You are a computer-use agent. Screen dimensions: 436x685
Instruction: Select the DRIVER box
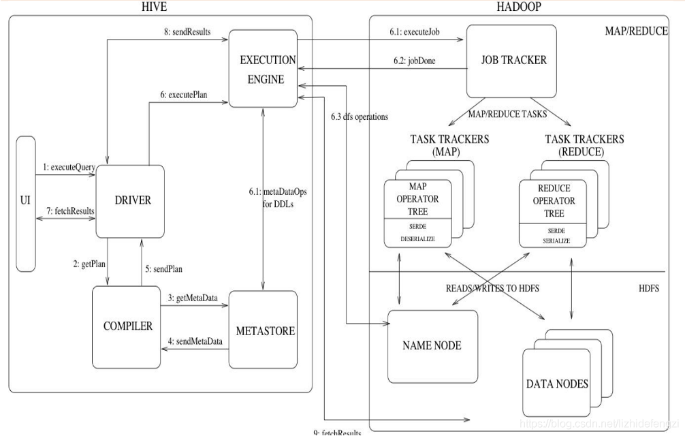click(x=129, y=200)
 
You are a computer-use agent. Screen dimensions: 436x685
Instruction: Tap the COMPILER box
click(x=128, y=326)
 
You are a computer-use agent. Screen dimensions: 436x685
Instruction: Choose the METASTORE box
click(x=266, y=331)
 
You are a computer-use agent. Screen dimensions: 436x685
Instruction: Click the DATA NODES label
click(x=557, y=384)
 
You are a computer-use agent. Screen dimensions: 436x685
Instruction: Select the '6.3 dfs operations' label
click(x=358, y=116)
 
